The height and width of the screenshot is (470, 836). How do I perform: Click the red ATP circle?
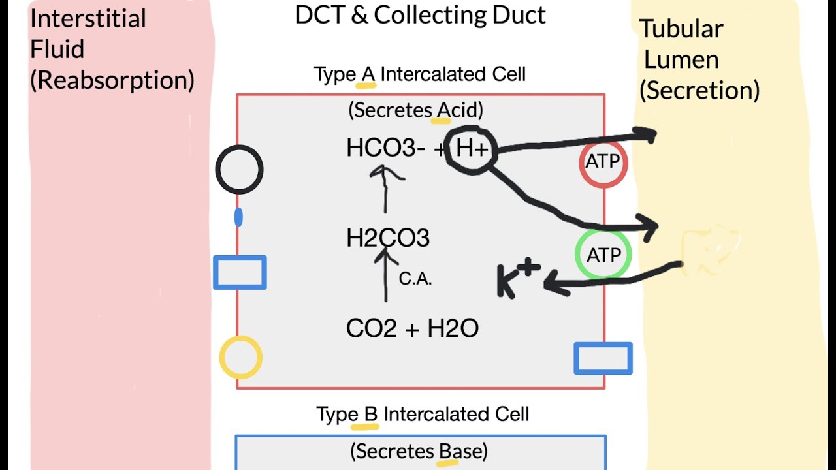pyautogui.click(x=603, y=162)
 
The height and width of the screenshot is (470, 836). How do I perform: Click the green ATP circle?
pyautogui.click(x=603, y=255)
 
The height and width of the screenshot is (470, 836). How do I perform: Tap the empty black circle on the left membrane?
pyautogui.click(x=239, y=170)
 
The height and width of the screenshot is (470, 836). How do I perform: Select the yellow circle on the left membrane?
pyautogui.click(x=240, y=358)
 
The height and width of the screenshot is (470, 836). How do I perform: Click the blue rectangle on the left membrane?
pyautogui.click(x=240, y=272)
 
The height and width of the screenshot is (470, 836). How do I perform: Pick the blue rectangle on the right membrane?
pyautogui.click(x=603, y=358)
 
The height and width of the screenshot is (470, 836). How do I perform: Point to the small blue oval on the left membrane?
pyautogui.click(x=238, y=217)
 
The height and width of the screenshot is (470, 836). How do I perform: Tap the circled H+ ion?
pyautogui.click(x=472, y=149)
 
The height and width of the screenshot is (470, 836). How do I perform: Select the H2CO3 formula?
pyautogui.click(x=388, y=239)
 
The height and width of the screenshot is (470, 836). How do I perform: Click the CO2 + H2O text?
pyautogui.click(x=412, y=328)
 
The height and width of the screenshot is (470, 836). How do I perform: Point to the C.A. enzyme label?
pyautogui.click(x=415, y=279)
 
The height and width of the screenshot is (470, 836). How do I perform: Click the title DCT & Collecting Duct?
pyautogui.click(x=420, y=15)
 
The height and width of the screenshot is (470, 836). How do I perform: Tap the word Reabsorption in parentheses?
pyautogui.click(x=112, y=80)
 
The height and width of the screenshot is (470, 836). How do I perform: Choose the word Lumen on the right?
pyautogui.click(x=681, y=59)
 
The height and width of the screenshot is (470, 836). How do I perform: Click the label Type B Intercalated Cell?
pyautogui.click(x=423, y=415)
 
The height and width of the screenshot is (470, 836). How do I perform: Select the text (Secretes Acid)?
pyautogui.click(x=415, y=110)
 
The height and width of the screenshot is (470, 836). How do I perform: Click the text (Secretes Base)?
pyautogui.click(x=419, y=451)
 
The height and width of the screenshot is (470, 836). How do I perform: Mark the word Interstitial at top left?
pyautogui.click(x=88, y=18)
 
